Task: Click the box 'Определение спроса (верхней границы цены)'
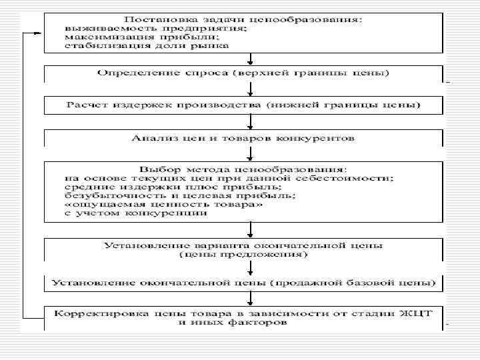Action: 243,71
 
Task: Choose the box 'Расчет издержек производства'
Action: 243,105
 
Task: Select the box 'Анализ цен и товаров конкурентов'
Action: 243,138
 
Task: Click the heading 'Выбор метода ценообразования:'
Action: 243,169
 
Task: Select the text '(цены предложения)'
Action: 243,254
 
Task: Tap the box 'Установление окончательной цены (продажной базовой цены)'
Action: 243,283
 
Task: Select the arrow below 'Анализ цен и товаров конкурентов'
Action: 249,154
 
